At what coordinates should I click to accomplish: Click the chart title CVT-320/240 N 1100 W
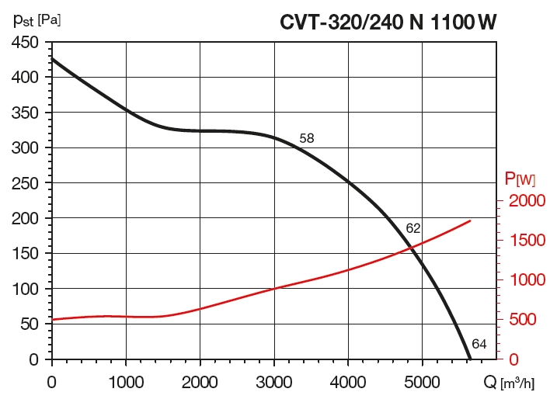388,21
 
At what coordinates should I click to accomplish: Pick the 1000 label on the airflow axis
125,381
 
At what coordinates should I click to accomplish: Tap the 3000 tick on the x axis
273,381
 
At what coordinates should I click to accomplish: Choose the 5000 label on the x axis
422,381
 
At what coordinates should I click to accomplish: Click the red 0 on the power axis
513,359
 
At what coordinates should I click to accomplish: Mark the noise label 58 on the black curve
307,138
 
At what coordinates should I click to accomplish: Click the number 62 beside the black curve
413,228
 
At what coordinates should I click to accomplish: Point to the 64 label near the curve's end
479,344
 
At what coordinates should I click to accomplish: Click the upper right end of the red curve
471,220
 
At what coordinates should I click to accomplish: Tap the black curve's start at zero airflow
52,58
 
